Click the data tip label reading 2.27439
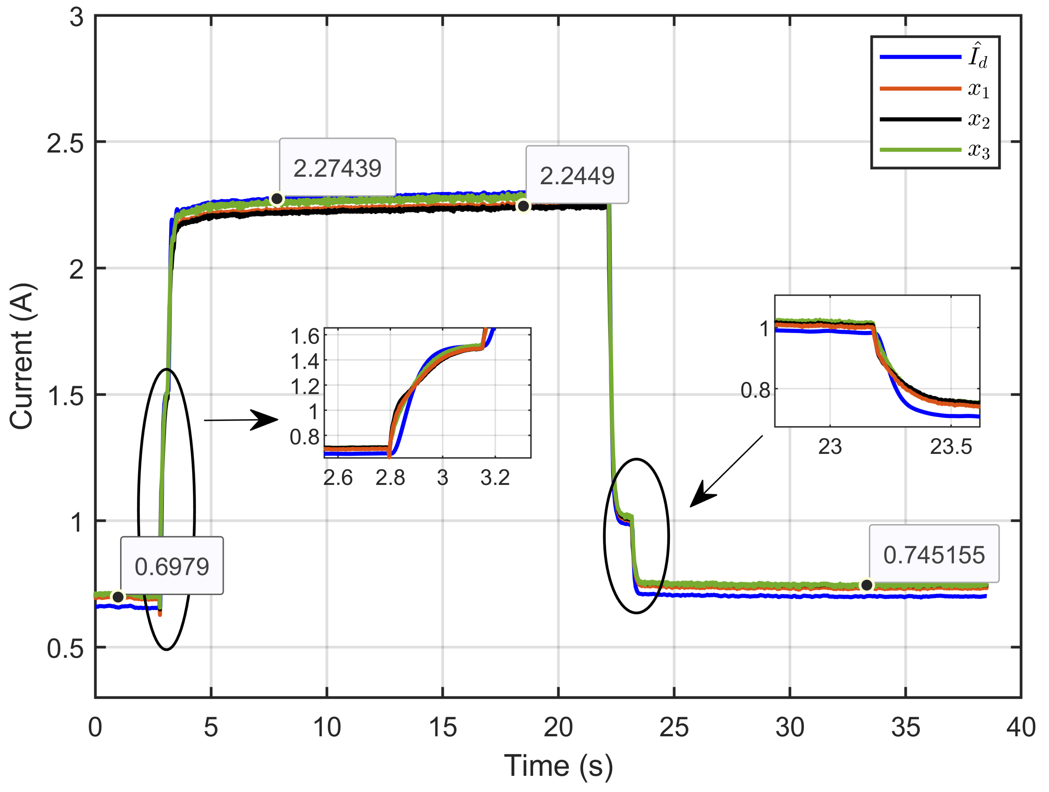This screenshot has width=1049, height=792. pyautogui.click(x=337, y=168)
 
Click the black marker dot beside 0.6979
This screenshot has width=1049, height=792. pyautogui.click(x=118, y=597)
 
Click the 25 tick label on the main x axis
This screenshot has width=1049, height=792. pyautogui.click(x=673, y=728)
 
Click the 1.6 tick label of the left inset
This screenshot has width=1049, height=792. pyautogui.click(x=305, y=337)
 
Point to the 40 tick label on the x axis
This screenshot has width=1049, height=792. pyautogui.click(x=1021, y=728)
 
